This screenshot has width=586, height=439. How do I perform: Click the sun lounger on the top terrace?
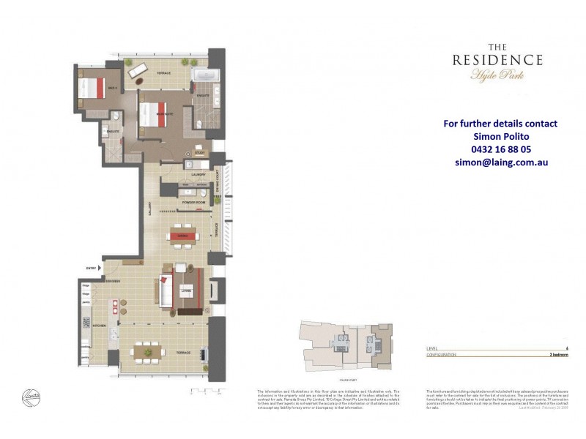point(136,70)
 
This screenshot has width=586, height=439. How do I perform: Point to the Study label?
point(200,153)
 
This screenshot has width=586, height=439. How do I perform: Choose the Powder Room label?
point(194,201)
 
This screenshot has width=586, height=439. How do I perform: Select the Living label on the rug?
point(186,290)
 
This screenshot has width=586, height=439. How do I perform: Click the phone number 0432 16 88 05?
point(500,149)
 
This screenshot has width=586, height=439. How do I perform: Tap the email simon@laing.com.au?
point(500,162)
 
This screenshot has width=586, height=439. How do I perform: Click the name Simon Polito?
point(500,136)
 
